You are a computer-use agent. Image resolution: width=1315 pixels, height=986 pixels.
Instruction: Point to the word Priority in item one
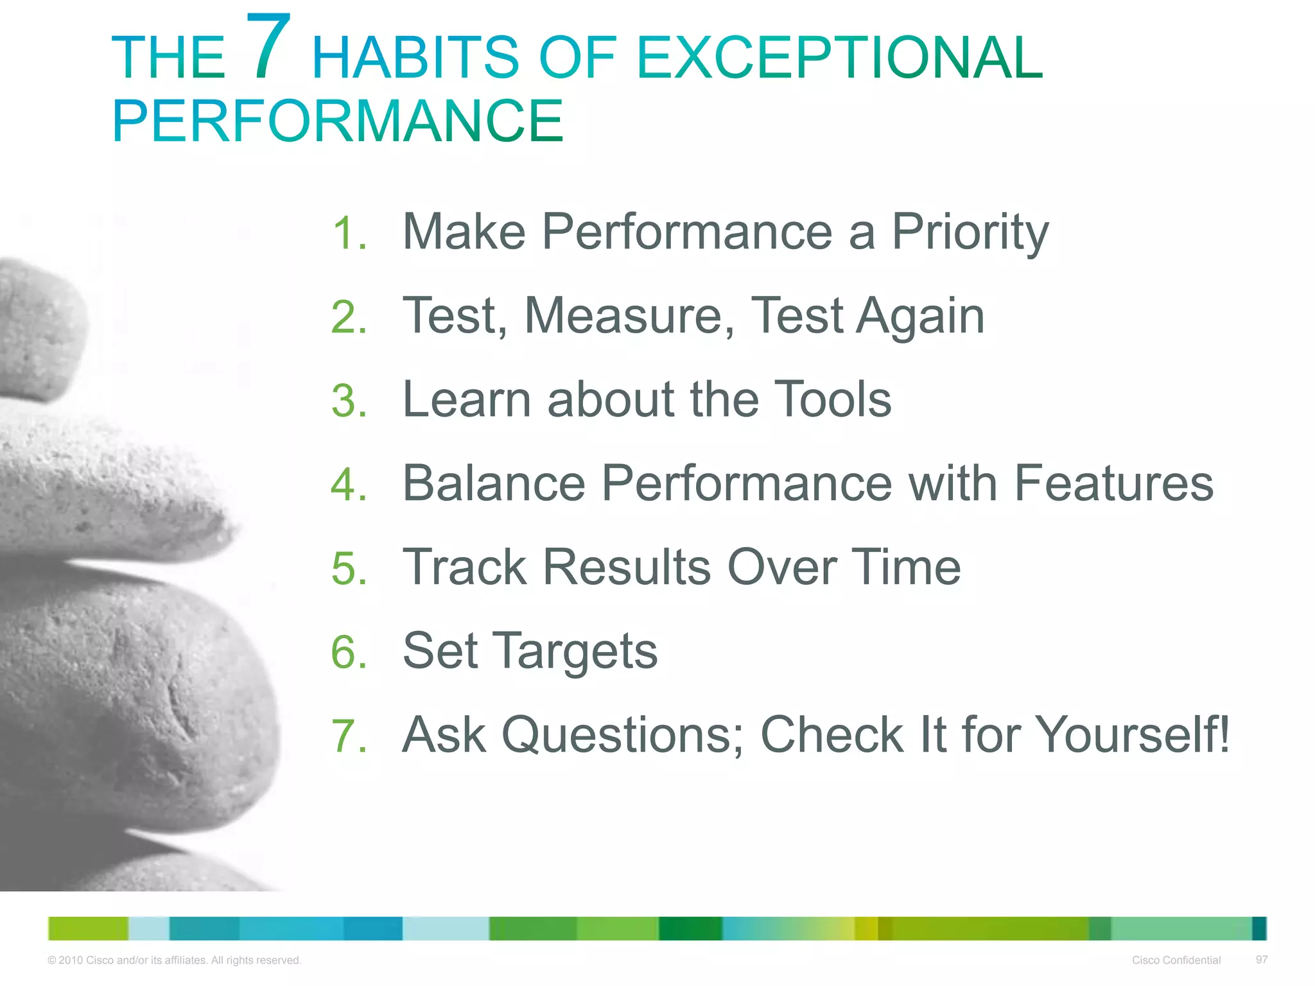click(x=970, y=232)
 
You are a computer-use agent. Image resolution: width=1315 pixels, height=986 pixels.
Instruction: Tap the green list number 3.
click(x=349, y=401)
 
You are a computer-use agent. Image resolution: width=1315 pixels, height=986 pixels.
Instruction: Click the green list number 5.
click(x=349, y=569)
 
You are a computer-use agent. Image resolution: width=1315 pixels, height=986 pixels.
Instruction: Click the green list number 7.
click(x=349, y=736)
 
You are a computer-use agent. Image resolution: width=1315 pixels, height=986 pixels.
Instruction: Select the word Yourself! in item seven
click(x=1132, y=735)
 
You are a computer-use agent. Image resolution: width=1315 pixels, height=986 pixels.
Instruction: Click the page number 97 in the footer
click(x=1261, y=959)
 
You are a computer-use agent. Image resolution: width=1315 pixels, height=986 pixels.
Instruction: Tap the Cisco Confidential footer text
click(x=1176, y=960)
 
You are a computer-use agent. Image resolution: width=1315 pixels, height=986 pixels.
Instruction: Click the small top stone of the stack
click(x=39, y=327)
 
